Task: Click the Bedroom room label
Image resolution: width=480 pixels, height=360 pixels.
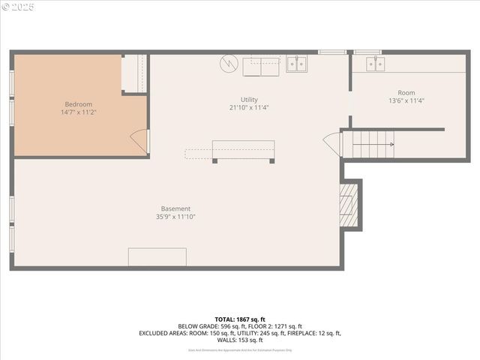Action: (78, 104)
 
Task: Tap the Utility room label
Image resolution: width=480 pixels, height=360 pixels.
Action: (249, 100)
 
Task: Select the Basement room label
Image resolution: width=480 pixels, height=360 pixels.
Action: (175, 208)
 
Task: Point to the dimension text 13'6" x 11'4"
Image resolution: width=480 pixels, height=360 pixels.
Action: (406, 100)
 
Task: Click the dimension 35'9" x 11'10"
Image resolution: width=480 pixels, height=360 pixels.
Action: (175, 217)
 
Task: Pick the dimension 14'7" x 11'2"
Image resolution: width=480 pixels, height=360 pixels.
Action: (78, 112)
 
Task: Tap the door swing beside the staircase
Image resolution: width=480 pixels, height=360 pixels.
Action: (332, 144)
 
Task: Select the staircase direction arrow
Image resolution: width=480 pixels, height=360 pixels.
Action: (381, 145)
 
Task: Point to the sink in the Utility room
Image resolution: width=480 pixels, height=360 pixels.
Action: (297, 64)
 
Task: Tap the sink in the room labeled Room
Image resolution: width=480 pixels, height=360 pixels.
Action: (376, 64)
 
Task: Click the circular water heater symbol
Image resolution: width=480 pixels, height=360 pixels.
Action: (228, 64)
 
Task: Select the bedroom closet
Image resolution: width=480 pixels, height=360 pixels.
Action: (134, 73)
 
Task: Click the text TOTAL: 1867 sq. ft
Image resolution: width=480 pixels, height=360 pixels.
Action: (239, 319)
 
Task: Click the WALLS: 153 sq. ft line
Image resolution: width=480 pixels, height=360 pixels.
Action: (239, 340)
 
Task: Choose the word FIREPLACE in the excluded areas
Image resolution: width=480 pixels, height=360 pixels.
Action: (300, 333)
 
